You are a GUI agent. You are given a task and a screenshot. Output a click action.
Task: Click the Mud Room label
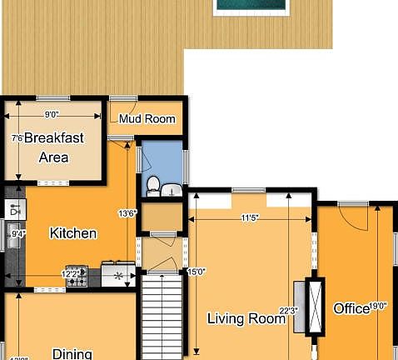(147, 119)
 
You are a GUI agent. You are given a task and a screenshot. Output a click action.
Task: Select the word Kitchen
(73, 233)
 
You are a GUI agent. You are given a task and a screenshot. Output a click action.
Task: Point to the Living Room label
(246, 317)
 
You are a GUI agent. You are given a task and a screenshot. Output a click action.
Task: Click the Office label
(351, 309)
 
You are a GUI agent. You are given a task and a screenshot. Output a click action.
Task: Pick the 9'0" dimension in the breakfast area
(52, 115)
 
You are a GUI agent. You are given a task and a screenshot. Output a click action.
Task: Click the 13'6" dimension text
(127, 213)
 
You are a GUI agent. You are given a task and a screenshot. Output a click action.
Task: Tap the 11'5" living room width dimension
(251, 218)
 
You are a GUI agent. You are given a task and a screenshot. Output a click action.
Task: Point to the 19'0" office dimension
(379, 307)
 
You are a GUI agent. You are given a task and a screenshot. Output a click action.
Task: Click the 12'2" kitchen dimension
(72, 272)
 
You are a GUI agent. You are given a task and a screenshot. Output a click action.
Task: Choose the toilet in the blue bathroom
(153, 184)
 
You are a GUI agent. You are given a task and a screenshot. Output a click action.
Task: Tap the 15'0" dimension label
(196, 272)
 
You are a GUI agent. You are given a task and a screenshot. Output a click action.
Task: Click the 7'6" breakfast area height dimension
(17, 138)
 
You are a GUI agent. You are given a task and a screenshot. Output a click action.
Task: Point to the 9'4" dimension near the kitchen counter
(17, 234)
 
